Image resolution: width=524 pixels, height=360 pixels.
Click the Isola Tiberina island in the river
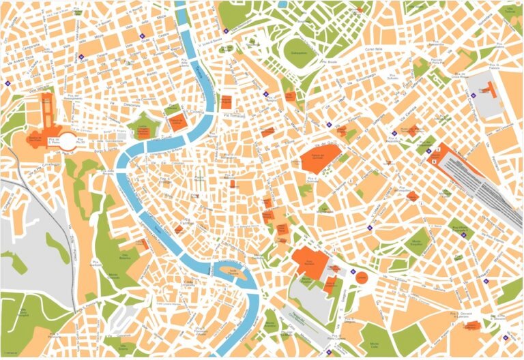pyautogui.click(x=229, y=273)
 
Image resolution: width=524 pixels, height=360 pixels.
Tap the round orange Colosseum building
pyautogui.click(x=362, y=278)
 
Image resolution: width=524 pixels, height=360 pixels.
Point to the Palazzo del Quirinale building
pyautogui.click(x=319, y=157)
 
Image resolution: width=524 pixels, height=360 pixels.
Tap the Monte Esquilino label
pyautogui.click(x=418, y=241)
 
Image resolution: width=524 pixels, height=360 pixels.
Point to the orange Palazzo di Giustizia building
pyautogui.click(x=179, y=123)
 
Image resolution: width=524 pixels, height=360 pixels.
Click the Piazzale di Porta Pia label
pyautogui.click(x=437, y=61)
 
